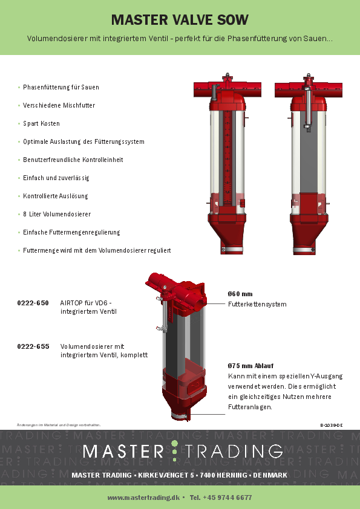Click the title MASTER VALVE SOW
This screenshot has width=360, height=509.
(180, 20)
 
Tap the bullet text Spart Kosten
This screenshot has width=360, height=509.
(41, 123)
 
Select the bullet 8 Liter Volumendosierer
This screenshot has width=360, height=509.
(57, 214)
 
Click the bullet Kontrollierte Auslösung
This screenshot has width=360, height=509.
(55, 196)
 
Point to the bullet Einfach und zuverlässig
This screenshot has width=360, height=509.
(56, 178)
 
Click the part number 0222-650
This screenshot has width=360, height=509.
(33, 302)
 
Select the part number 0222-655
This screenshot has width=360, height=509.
(33, 346)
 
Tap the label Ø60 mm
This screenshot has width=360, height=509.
(240, 293)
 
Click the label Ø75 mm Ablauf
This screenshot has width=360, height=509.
(249, 365)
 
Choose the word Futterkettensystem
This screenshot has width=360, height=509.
(257, 304)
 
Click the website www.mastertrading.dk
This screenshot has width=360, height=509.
(143, 498)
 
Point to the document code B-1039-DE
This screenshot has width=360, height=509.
(332, 426)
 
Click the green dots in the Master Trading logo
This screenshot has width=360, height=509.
(175, 450)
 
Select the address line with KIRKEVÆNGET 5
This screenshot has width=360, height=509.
(179, 475)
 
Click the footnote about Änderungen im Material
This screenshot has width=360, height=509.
(59, 426)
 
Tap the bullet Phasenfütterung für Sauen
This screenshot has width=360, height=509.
(61, 87)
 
